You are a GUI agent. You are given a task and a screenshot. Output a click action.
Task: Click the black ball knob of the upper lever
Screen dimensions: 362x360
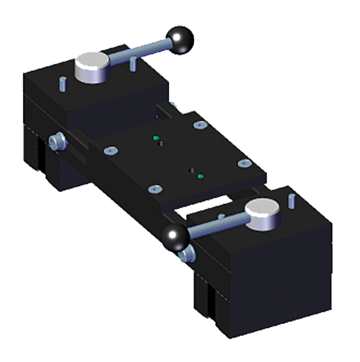click(180, 41)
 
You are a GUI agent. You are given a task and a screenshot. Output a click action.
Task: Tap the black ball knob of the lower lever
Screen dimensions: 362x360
click(175, 236)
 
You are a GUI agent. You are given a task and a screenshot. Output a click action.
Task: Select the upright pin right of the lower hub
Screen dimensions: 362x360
click(291, 201)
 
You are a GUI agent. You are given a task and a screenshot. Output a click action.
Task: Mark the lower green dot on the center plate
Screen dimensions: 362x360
click(200, 176)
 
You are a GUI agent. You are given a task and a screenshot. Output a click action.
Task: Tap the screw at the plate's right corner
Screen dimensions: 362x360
click(245, 162)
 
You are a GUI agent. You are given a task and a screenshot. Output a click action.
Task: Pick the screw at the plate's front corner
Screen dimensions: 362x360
click(155, 189)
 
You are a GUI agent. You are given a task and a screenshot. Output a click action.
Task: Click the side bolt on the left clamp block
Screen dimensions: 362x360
click(55, 142)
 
